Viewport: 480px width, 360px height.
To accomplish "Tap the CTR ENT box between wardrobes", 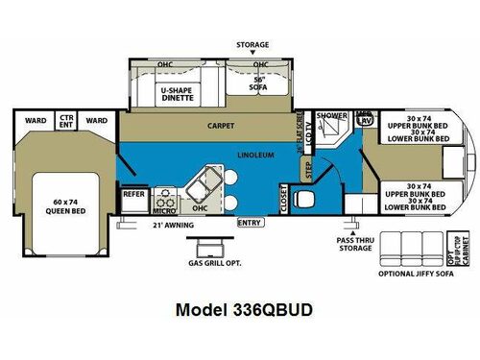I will pyautogui.click(x=66, y=121).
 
